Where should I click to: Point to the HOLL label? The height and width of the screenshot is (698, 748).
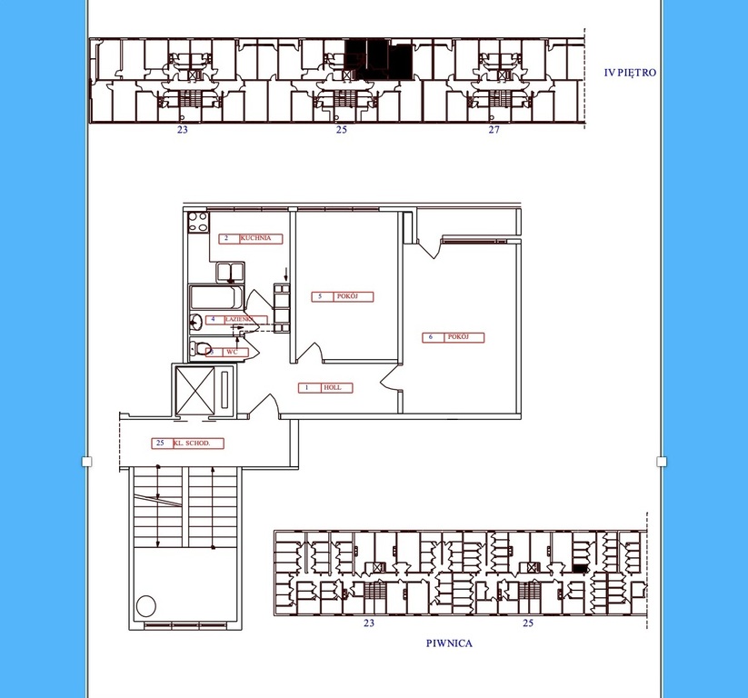click(325, 388)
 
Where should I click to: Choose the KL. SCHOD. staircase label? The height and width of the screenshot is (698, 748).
click(187, 444)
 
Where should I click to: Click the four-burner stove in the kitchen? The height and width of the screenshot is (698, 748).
click(197, 224)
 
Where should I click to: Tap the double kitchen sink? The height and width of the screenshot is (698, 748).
click(228, 272)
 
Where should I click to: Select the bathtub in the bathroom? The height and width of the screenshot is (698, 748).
click(215, 298)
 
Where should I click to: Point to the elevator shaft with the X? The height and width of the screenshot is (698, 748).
click(196, 389)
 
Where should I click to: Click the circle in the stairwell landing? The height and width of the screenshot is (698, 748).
click(145, 605)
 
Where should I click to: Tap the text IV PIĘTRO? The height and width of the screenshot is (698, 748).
click(630, 73)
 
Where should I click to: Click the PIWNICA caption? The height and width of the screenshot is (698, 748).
click(449, 643)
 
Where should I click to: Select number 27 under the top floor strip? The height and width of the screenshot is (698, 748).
click(494, 131)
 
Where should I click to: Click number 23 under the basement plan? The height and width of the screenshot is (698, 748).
click(369, 623)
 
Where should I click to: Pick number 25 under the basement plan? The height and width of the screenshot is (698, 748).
click(528, 623)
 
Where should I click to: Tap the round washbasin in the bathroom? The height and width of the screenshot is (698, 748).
click(195, 321)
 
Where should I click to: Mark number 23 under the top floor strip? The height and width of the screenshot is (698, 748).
click(183, 131)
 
